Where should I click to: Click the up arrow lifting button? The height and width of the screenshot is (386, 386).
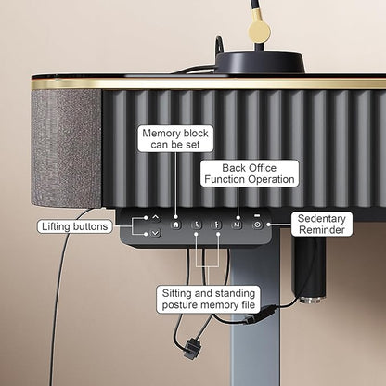[x=155, y=218]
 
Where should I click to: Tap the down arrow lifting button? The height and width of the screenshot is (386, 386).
[x=155, y=233]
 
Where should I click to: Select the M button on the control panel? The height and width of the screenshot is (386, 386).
[x=237, y=225]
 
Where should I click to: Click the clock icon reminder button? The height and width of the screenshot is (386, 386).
[x=257, y=225]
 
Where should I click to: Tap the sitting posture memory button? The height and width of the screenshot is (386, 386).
[x=197, y=225]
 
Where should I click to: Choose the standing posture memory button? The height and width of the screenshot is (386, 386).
[x=216, y=225]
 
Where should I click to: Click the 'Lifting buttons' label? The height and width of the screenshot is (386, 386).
[x=75, y=226]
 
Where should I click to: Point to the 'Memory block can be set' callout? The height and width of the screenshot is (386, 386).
[x=175, y=139]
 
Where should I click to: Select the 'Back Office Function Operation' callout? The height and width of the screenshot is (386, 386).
[x=250, y=174]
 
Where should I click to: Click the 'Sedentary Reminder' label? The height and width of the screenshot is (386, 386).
[x=322, y=225]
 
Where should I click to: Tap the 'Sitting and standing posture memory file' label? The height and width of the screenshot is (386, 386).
[x=209, y=299]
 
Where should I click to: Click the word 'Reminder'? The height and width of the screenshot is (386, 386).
[x=322, y=230]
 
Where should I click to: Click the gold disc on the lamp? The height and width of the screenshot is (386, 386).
[x=260, y=31]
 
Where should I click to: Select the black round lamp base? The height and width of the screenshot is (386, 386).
[x=260, y=63]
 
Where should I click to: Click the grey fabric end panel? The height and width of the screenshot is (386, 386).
[x=66, y=148]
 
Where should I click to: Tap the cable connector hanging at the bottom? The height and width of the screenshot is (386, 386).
[x=192, y=349]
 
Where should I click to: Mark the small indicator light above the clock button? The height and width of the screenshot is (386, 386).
[x=257, y=215]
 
